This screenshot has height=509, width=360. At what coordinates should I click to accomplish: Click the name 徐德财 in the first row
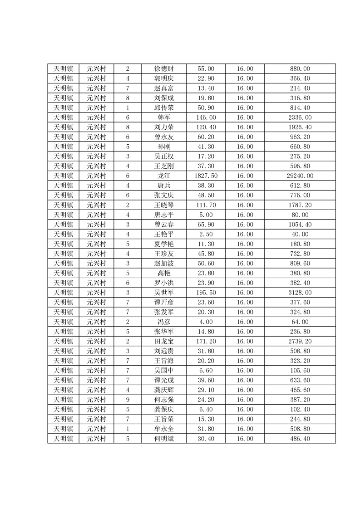(163, 69)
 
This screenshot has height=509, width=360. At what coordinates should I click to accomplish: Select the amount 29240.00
(300, 176)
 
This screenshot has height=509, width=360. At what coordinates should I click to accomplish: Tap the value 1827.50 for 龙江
(206, 176)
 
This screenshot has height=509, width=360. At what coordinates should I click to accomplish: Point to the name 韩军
(163, 117)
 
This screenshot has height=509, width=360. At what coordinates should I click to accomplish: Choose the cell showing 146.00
(206, 117)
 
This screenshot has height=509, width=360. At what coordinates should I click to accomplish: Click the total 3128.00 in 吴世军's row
(300, 293)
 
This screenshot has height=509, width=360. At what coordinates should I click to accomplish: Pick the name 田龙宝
(163, 341)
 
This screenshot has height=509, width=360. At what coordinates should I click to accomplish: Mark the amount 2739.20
(300, 341)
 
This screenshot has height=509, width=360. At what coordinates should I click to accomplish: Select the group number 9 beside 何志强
(128, 400)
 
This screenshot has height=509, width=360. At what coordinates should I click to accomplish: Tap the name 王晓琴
(163, 205)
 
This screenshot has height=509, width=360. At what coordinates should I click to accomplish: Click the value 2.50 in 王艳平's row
(206, 234)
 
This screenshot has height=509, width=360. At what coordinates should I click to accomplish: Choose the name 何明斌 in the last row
(163, 439)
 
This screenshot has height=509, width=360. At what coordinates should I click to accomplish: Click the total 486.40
(300, 439)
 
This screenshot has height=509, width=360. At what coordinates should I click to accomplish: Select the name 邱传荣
(163, 108)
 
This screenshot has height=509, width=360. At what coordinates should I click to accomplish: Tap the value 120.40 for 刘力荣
(206, 127)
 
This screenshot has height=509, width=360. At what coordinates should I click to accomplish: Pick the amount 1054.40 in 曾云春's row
(300, 225)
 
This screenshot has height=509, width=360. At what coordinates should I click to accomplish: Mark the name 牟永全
(163, 429)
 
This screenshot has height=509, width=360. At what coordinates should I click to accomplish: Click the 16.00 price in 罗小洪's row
(245, 283)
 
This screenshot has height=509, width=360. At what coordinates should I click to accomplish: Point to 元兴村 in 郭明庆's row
(96, 78)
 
